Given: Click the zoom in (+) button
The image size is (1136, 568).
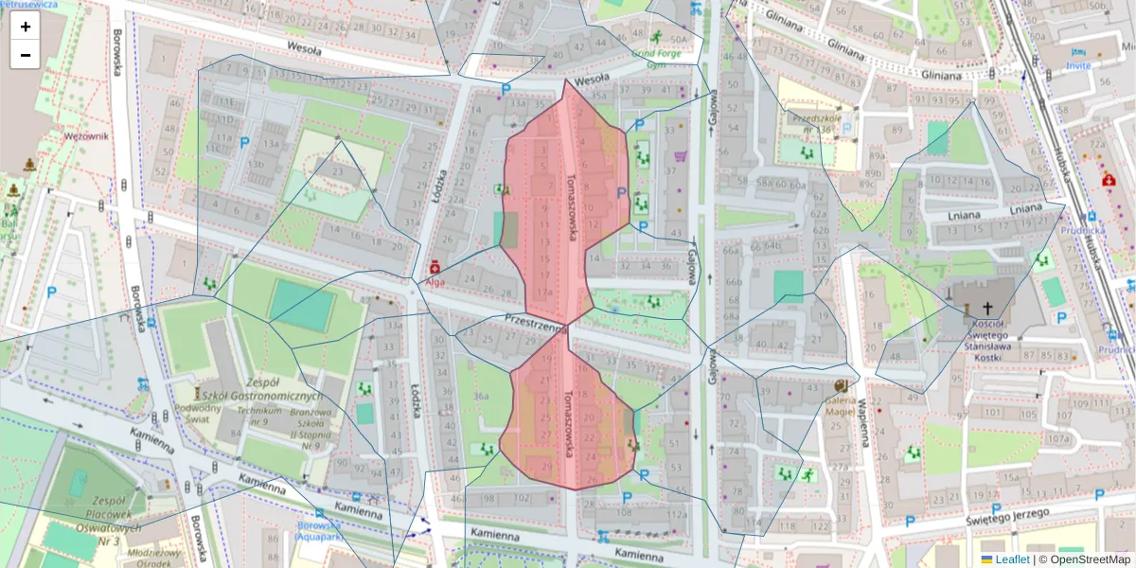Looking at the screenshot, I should [26, 27].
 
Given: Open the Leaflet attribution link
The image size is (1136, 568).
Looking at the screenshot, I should [1011, 559].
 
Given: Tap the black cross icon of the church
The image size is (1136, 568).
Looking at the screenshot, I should [988, 308].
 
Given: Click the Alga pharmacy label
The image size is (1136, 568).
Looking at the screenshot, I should [435, 281].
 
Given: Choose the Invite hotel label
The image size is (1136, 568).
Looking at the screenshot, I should [1077, 65].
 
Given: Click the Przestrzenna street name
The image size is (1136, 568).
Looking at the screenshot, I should [535, 323].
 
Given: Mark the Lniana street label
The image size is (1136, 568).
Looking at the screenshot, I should [1025, 208].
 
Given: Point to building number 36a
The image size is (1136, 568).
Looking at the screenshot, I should [481, 397].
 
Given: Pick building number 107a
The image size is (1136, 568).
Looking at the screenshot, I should [1057, 439].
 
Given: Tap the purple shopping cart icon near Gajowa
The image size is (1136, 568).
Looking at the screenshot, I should [680, 156].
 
